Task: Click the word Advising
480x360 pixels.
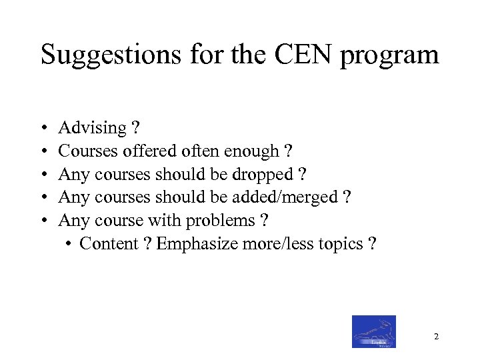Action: click(x=93, y=128)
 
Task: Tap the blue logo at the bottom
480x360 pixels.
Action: click(x=373, y=331)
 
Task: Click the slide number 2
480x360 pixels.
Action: click(x=436, y=337)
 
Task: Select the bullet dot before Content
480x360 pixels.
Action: click(x=70, y=245)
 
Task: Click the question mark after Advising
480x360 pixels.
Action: click(x=136, y=128)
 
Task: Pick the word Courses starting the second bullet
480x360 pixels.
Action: click(x=88, y=151)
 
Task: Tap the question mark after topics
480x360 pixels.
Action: click(x=371, y=244)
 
